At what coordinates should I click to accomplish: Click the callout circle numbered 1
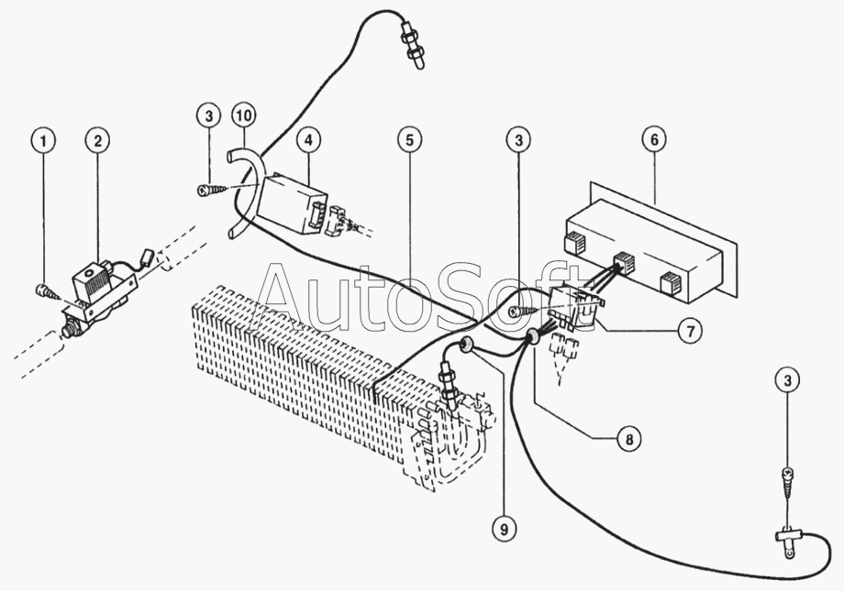(x=44, y=141)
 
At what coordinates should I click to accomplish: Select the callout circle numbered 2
(x=97, y=141)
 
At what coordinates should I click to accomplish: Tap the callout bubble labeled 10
(x=243, y=115)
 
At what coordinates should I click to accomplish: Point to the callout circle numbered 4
(x=308, y=140)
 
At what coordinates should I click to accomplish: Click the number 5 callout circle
(x=410, y=140)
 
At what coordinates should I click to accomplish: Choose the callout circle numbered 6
(x=654, y=140)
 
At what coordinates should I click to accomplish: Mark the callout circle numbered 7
(x=690, y=330)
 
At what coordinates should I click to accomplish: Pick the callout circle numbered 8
(x=628, y=439)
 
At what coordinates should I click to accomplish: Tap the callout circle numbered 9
(x=504, y=530)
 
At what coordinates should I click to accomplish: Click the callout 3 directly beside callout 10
(x=209, y=115)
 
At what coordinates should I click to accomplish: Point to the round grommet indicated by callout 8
(x=533, y=336)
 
